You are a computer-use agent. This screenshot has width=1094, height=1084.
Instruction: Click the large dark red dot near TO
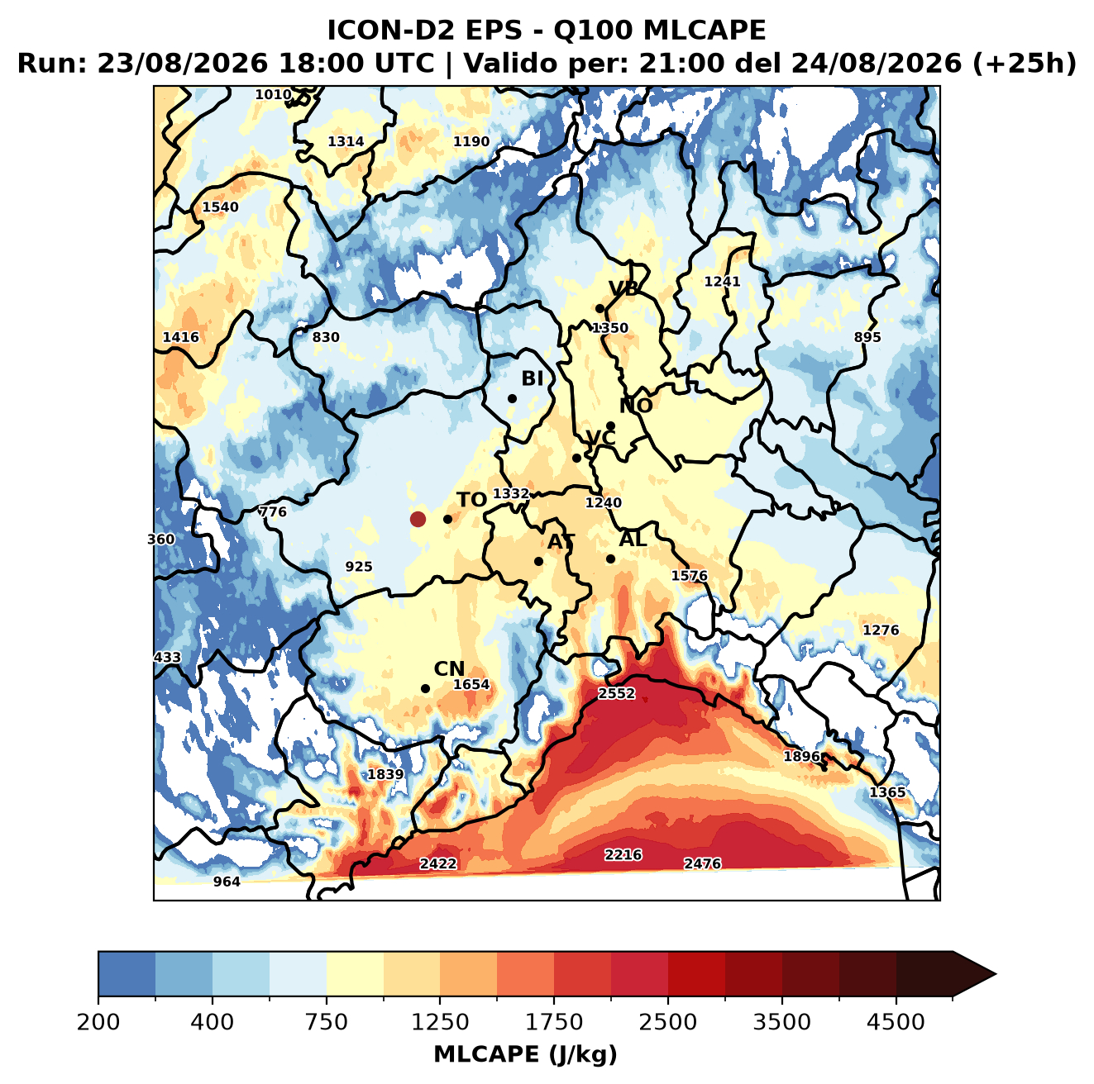point(418,519)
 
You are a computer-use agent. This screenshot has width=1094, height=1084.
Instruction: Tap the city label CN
point(449,669)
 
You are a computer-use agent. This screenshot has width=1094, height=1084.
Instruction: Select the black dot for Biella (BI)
point(512,399)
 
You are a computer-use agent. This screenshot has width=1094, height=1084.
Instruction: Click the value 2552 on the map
point(617,694)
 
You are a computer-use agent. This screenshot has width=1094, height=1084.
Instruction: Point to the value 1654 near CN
point(471,685)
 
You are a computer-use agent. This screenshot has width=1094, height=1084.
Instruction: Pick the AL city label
point(633,540)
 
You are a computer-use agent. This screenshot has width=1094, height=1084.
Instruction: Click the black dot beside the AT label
point(539,562)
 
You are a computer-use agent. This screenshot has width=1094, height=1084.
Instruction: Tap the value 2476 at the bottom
point(702,864)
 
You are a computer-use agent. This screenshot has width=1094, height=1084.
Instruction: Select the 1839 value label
point(385,774)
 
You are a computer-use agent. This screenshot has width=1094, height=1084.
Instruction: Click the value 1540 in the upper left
point(220,207)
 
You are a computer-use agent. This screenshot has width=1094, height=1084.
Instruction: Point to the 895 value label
point(867,337)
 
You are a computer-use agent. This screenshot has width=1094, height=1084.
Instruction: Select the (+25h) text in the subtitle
point(1025,63)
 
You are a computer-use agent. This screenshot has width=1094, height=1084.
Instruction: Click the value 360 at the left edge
point(161,540)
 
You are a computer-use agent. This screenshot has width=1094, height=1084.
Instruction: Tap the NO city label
point(636,406)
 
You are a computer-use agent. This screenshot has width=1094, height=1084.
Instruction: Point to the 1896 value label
point(801,756)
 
